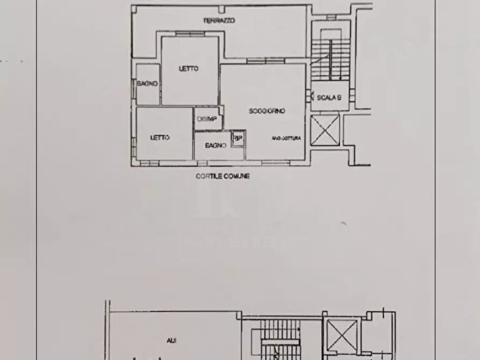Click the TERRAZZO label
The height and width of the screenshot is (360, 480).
[x=219, y=20]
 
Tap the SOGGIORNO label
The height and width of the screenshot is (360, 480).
[x=267, y=111]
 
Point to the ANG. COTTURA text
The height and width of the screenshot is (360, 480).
[x=286, y=139]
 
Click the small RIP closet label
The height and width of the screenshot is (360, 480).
[x=238, y=138]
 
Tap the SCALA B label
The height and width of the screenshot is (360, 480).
[x=329, y=98]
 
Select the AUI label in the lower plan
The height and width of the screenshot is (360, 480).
[x=171, y=341]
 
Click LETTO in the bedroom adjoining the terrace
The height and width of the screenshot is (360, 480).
[x=189, y=69]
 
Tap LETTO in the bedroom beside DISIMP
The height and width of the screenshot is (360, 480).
[x=160, y=138]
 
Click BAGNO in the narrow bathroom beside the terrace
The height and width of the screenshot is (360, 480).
[x=147, y=84]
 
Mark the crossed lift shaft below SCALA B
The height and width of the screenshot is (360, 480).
[x=325, y=130]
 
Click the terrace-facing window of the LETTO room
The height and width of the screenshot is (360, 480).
[x=190, y=34]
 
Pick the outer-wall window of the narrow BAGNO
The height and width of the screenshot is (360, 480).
[x=133, y=84]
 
